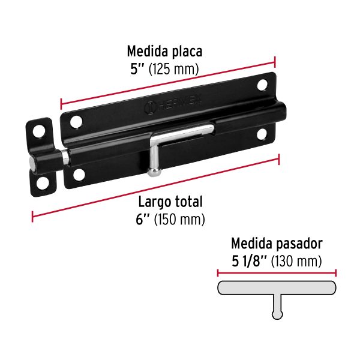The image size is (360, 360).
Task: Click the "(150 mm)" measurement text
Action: (x=180, y=220)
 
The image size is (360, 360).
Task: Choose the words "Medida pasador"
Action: (x=277, y=244)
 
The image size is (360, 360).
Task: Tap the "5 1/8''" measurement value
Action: (x=250, y=261)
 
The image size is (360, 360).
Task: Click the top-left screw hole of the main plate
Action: (x=76, y=122)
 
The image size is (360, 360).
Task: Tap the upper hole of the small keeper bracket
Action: (x=40, y=130)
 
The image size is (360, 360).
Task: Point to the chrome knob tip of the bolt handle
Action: (x=154, y=172)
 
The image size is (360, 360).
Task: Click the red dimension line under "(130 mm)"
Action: (x=277, y=272)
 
